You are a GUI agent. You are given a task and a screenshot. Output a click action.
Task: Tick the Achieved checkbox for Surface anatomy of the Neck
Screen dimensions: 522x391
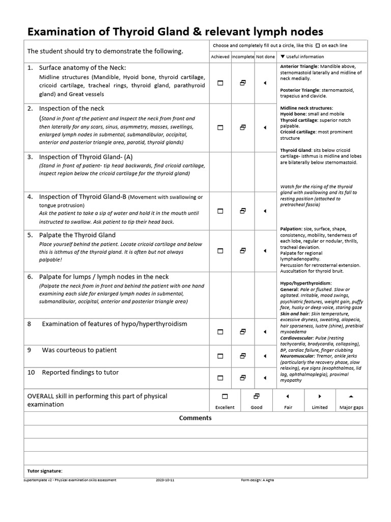[x=220, y=83]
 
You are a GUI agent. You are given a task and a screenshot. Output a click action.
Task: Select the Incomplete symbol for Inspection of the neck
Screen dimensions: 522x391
[x=243, y=127]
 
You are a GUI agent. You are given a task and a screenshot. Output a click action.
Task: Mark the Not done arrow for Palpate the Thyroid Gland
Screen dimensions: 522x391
[x=265, y=250]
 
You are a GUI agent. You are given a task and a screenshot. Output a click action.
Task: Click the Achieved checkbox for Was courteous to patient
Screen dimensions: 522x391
[x=220, y=356]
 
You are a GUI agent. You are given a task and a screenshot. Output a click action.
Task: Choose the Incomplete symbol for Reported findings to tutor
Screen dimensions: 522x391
[x=243, y=378]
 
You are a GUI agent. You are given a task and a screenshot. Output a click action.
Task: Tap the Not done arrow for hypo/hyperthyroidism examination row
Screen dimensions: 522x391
[x=265, y=332]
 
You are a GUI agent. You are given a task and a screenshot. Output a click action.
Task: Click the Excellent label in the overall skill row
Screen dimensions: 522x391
[x=225, y=407]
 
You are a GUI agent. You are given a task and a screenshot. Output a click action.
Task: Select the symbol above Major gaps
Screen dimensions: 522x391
[x=351, y=396]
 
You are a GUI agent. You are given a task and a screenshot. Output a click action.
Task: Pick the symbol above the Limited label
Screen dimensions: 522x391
[x=320, y=396]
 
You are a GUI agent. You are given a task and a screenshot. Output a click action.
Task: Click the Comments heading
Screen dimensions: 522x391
[x=195, y=418]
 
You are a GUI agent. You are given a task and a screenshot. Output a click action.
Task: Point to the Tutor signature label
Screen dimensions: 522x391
[x=44, y=471]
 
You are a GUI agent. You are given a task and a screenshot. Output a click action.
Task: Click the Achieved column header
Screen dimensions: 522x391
[x=220, y=57]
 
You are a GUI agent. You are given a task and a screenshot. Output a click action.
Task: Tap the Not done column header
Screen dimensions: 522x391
[x=265, y=57]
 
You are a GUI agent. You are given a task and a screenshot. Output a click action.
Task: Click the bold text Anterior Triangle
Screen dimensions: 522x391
[x=299, y=67]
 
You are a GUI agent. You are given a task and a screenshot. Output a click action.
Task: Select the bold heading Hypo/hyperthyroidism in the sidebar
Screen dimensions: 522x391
[x=305, y=283]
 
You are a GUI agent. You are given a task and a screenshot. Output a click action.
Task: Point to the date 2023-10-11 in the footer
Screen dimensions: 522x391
[x=165, y=480]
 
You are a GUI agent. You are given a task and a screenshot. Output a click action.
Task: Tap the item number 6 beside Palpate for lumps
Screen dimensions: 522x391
[x=30, y=277]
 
